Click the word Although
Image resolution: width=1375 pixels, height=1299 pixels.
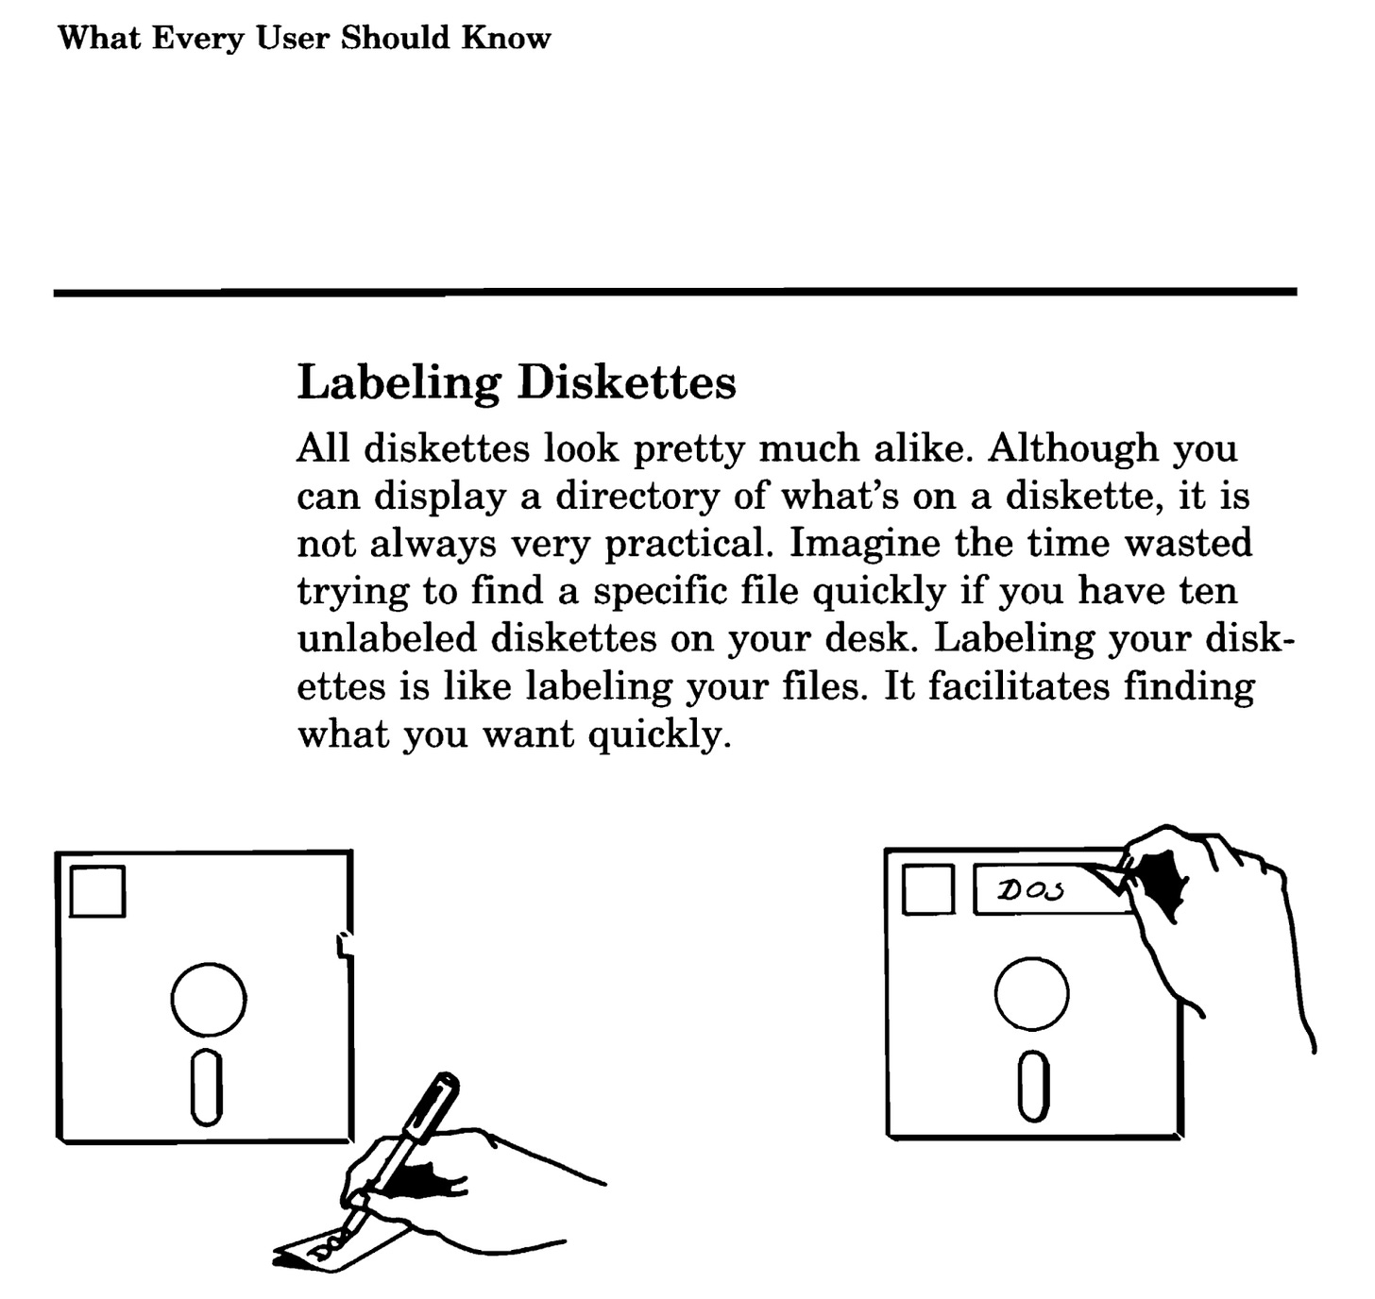(x=1072, y=448)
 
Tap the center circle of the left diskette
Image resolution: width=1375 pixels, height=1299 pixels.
(x=209, y=1000)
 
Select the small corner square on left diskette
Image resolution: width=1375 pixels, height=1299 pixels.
(x=97, y=891)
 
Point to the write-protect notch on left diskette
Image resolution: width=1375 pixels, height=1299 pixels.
(x=345, y=946)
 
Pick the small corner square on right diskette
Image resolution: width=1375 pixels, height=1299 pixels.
(x=927, y=891)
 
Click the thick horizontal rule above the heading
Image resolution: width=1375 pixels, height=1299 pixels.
(x=674, y=293)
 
